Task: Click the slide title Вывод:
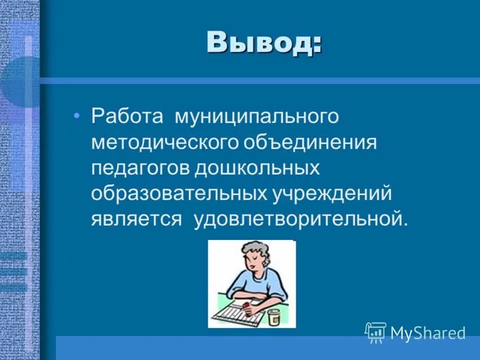[x=263, y=43]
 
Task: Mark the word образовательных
[x=178, y=193]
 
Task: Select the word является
[x=136, y=219]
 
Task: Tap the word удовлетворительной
[x=300, y=219]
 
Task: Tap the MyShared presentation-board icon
[x=375, y=332]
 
